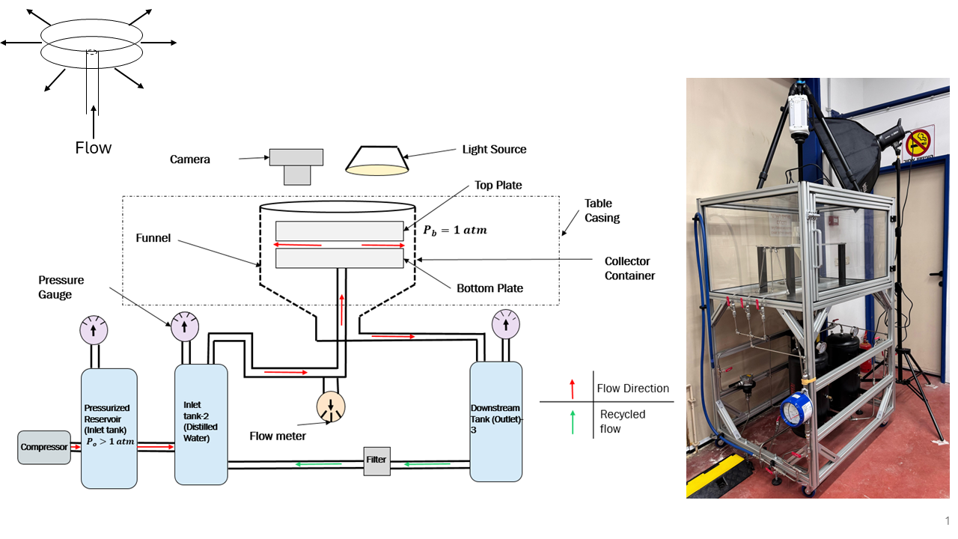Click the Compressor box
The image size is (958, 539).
tap(43, 447)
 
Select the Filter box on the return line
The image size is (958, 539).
tap(376, 460)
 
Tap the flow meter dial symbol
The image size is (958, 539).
tap(330, 406)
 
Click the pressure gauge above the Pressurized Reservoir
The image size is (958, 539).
tap(94, 329)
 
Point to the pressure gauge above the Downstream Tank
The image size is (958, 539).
tap(507, 323)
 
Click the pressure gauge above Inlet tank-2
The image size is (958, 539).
tap(183, 325)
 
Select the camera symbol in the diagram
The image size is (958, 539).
tap(296, 165)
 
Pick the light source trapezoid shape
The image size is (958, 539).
tap(377, 159)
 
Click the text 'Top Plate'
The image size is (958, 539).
tap(498, 185)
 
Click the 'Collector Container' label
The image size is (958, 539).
tap(629, 268)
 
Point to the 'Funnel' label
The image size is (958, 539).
tap(153, 238)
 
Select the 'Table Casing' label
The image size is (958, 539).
tap(602, 210)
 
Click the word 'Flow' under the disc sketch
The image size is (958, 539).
tap(94, 147)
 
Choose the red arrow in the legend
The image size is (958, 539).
tap(572, 389)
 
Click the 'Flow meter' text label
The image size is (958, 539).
tap(278, 436)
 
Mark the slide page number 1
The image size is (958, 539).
tap(947, 521)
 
